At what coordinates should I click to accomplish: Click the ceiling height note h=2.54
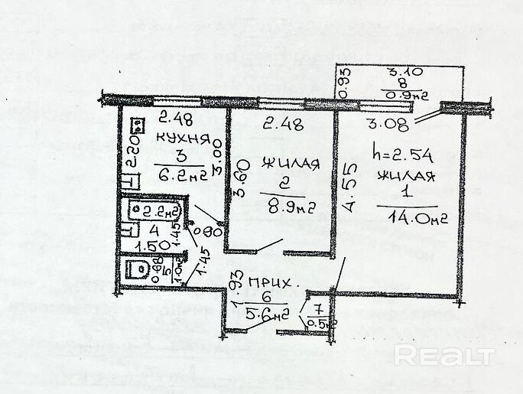pos(402,155)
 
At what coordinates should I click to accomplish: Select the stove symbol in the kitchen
pos(138,126)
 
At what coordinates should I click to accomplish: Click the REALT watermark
pos(443,355)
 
